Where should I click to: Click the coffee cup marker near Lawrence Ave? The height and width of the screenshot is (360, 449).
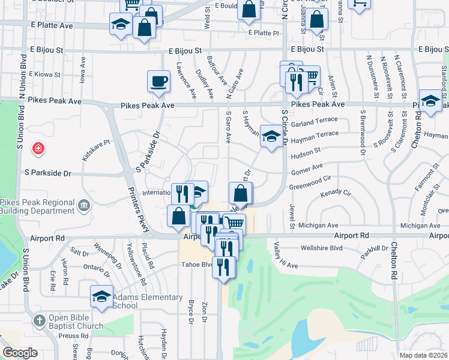click(159, 82)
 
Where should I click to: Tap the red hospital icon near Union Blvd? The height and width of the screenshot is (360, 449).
click(38, 148)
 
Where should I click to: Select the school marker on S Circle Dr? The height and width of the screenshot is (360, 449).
click(271, 136)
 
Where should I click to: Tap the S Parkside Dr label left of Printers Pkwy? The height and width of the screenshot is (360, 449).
click(47, 173)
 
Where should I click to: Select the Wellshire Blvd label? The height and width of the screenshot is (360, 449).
click(322, 247)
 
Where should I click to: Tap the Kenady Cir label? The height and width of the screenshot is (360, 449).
click(335, 193)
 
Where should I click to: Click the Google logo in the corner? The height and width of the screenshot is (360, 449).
click(20, 352)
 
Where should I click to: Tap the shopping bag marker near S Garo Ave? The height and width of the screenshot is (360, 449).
click(240, 194)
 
